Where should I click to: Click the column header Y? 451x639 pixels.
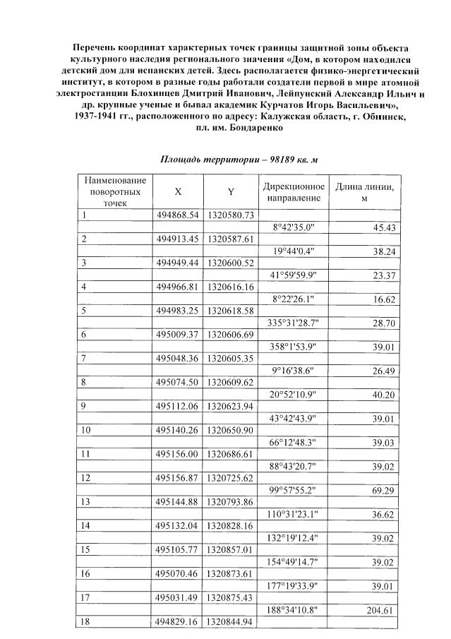pyautogui.click(x=231, y=191)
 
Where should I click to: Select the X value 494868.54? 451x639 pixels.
pyautogui.click(x=178, y=215)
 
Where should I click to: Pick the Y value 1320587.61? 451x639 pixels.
pyautogui.click(x=231, y=239)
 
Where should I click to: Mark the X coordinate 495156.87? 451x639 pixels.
pyautogui.click(x=178, y=478)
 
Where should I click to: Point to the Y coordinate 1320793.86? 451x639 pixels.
pyautogui.click(x=231, y=502)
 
